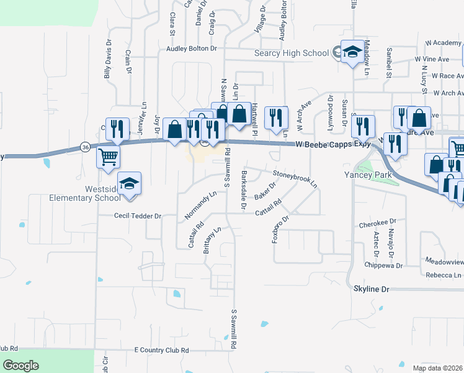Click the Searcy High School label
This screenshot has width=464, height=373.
292,53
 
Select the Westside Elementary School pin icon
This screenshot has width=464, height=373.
130,184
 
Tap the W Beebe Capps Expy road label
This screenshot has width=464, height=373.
332,144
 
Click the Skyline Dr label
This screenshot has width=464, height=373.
371,290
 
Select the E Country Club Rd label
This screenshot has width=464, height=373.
161,351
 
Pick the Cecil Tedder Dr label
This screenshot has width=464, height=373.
138,216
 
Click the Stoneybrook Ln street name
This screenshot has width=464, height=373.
295,179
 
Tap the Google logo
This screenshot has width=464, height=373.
20,366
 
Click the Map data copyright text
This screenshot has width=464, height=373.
437,368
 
